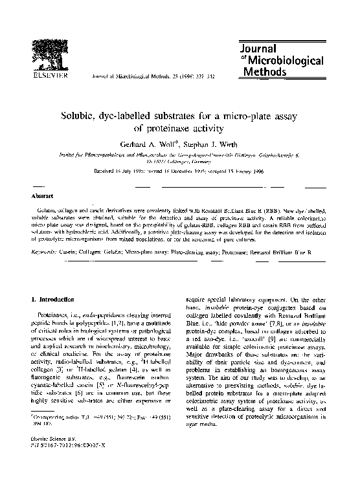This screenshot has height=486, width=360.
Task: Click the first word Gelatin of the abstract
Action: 48,212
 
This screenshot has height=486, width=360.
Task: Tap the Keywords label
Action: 46,251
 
